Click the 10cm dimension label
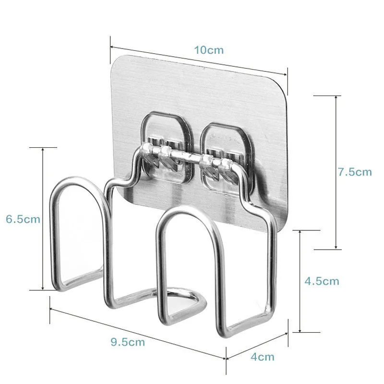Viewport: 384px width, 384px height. point(209,49)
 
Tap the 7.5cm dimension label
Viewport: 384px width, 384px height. point(354,172)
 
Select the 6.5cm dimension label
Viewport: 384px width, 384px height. point(23,219)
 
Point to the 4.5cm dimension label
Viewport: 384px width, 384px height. point(322,281)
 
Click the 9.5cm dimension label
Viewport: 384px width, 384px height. point(127,342)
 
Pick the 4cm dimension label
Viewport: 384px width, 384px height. point(263,357)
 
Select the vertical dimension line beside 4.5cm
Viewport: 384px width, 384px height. point(300,281)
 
